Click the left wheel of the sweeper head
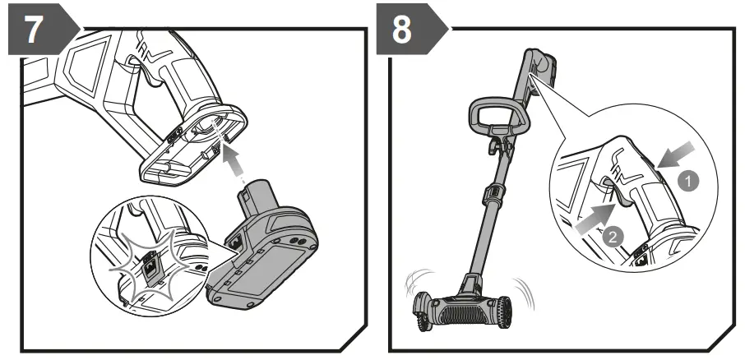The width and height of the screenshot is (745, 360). (426, 312)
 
